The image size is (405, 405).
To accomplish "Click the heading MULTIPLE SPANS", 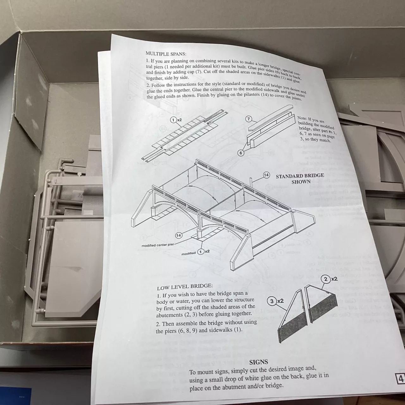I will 166,54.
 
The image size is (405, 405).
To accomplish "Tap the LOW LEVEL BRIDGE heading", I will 185,287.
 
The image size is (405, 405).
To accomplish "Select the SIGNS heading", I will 259,362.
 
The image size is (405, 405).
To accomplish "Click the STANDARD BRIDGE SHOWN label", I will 300,178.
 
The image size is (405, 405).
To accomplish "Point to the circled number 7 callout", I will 249,119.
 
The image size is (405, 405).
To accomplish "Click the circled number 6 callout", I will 240,153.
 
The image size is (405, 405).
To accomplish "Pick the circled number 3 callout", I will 272,301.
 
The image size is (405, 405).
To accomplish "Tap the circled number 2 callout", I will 326,279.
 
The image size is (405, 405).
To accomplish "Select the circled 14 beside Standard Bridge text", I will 266,175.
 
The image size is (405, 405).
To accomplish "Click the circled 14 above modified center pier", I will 178,235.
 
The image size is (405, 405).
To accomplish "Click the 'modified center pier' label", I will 158,245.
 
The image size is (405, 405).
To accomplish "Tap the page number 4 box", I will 401,378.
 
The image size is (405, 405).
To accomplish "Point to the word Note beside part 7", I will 302,118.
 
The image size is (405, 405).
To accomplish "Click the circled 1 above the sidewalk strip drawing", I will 173,120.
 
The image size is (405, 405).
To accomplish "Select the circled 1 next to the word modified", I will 201,252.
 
